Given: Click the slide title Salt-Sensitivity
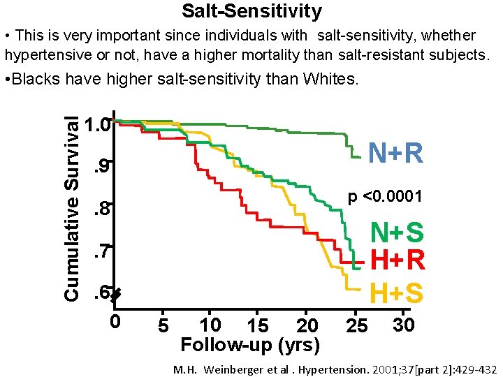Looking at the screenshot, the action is point(251,11).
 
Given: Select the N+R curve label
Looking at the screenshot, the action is point(395,153).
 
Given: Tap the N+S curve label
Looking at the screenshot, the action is point(397,232).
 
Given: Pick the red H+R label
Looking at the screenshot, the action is point(398,260).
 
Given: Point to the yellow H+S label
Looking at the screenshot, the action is point(397,293).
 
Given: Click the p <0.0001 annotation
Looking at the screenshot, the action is point(385,196).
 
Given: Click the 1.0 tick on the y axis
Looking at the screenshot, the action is point(97,124).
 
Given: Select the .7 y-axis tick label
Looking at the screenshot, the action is point(102,251).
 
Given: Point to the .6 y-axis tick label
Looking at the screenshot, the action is point(102,293).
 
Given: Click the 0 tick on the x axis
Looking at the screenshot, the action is point(115,321).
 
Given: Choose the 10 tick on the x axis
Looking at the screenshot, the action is point(210,325).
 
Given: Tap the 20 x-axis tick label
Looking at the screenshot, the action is point(307,325).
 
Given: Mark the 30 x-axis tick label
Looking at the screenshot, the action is point(403,325).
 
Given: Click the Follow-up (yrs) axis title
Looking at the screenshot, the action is point(250,346).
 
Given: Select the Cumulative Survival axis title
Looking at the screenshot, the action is point(71,208).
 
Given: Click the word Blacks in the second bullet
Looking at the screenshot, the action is point(36,78).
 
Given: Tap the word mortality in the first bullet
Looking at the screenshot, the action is point(271,55).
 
